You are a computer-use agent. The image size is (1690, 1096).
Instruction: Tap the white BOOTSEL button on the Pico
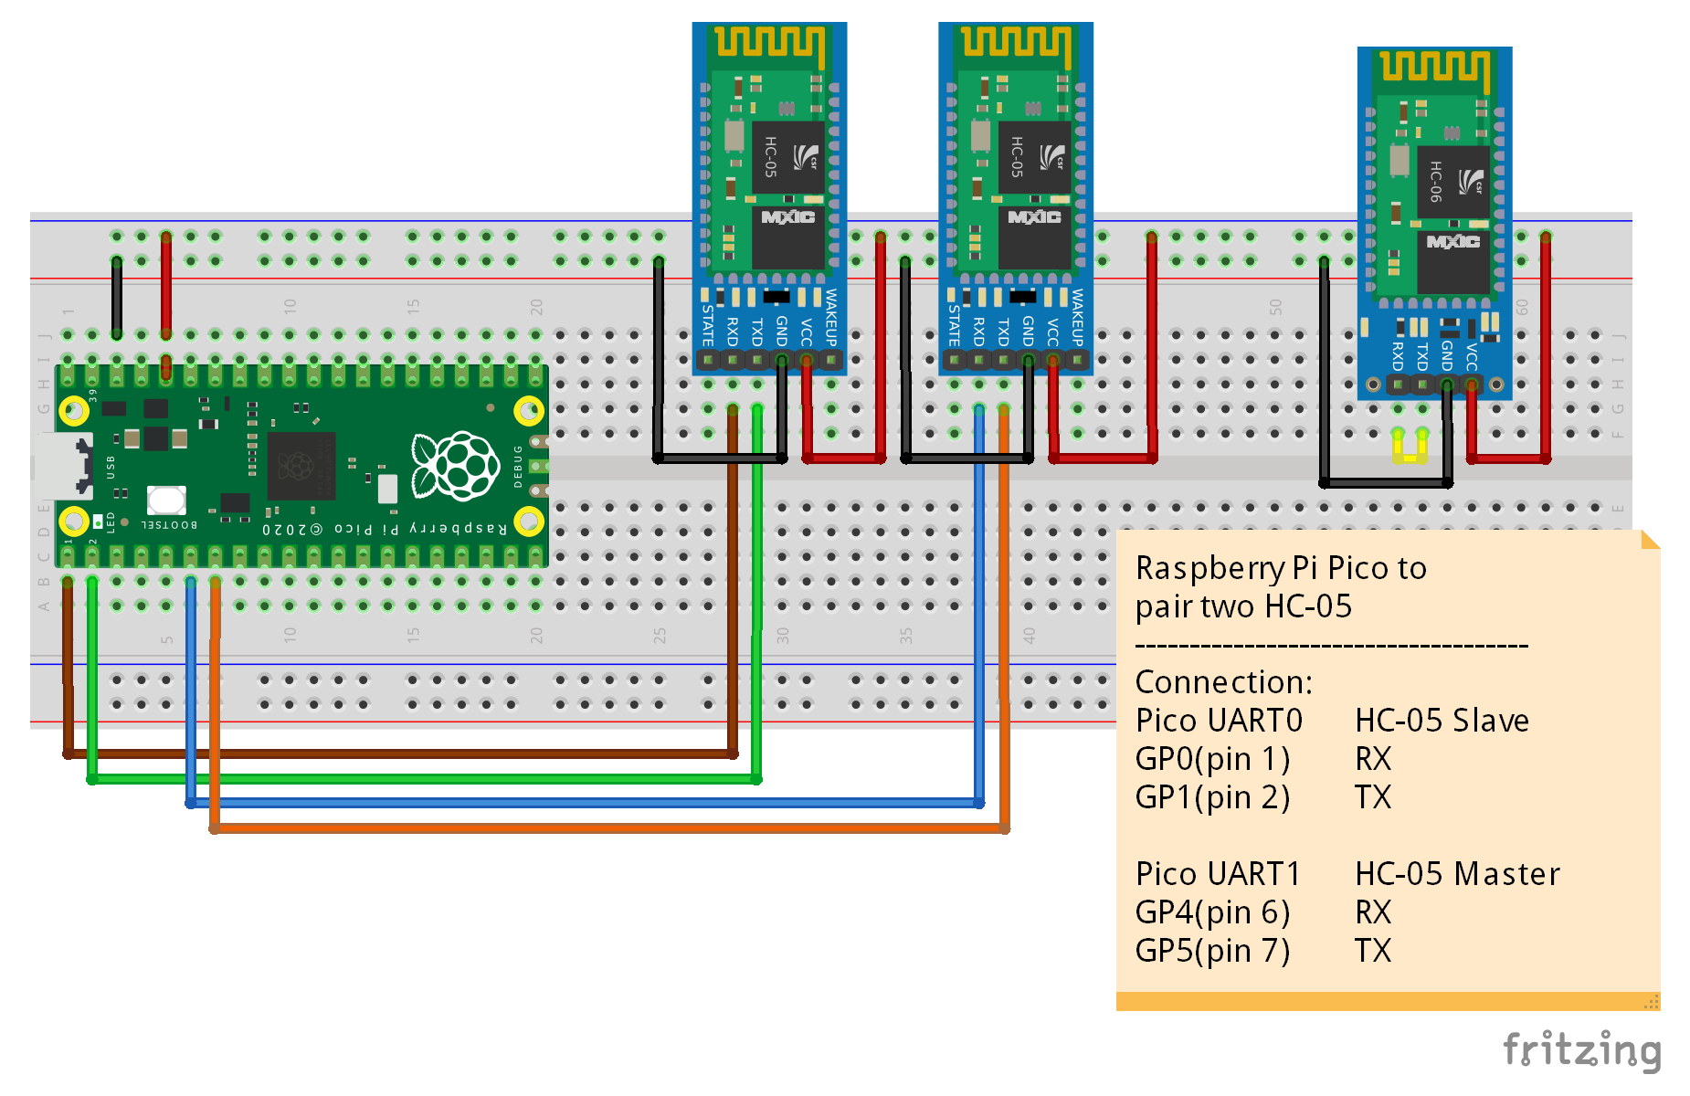tap(166, 500)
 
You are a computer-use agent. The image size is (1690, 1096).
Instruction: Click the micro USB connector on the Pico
tap(62, 466)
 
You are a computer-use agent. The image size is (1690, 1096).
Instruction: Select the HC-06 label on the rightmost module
tap(1436, 181)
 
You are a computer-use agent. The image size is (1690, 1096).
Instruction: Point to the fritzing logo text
tap(1581, 1050)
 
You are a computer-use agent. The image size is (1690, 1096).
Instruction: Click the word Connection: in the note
tap(1223, 682)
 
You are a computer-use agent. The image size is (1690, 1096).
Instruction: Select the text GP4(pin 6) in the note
tap(1212, 912)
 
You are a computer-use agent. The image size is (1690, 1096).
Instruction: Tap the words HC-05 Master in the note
tap(1457, 874)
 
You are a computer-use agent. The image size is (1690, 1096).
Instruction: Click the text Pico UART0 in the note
tap(1219, 721)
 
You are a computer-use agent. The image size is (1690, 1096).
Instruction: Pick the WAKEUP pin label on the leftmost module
tap(830, 316)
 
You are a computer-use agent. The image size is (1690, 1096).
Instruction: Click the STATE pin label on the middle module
tap(954, 324)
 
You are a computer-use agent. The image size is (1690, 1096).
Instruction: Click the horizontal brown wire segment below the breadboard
tap(402, 754)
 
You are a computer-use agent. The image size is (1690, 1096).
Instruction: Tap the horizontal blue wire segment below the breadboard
tap(585, 804)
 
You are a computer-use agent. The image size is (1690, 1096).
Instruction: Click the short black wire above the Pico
tap(117, 298)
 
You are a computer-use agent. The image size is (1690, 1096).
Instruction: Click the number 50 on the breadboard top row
tap(1275, 307)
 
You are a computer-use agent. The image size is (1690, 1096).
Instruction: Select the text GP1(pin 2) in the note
tap(1212, 797)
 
